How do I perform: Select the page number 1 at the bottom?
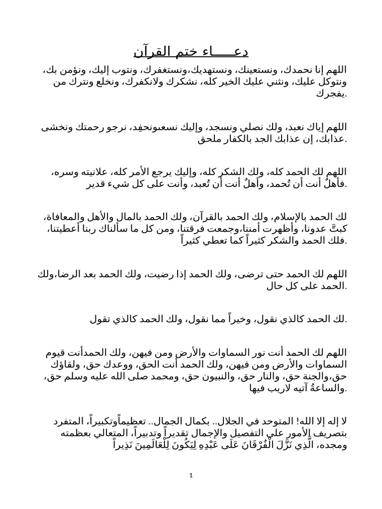(x=191, y=476)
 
